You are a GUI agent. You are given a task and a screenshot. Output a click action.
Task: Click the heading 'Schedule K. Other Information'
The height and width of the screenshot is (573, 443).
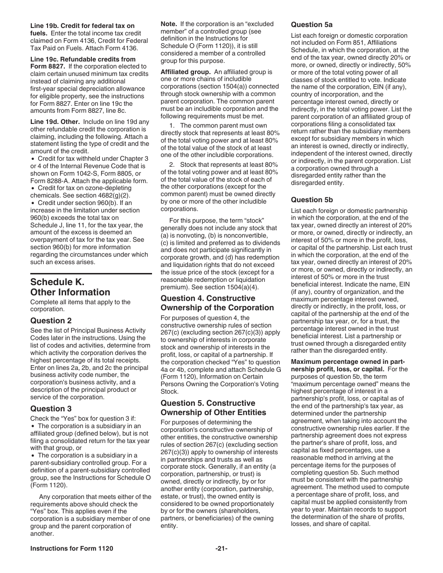coord(70,287)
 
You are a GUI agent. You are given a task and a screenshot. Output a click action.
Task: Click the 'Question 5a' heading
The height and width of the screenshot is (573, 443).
coord(312,25)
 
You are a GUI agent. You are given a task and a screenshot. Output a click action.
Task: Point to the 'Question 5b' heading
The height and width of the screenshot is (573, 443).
coord(312,200)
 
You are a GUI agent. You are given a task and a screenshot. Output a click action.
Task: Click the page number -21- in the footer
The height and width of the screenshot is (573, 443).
coord(221,549)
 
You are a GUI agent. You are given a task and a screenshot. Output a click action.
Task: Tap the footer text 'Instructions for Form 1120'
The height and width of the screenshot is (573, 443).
coord(72,549)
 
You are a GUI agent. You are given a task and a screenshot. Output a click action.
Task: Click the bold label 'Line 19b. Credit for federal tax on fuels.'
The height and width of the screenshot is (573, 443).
coord(82,29)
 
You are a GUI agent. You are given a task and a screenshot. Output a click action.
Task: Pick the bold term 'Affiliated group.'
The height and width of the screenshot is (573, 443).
coord(185,72)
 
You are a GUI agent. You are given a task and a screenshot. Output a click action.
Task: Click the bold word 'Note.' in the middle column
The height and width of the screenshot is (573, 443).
coord(169,24)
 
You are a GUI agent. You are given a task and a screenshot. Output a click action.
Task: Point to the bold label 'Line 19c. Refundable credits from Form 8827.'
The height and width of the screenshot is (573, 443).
coord(83,62)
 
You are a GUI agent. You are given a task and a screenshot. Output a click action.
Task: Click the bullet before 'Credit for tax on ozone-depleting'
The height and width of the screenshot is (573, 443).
coord(32,188)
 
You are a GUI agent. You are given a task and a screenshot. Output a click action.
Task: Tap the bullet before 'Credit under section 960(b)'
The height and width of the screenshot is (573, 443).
coord(32,203)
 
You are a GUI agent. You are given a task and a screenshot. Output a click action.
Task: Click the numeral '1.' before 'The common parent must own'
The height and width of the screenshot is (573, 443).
coord(172,125)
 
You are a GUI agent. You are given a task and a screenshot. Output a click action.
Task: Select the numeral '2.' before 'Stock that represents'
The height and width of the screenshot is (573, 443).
coord(172,164)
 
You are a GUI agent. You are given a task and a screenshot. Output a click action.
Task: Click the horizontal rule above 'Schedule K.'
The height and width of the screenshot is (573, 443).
coord(91,273)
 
